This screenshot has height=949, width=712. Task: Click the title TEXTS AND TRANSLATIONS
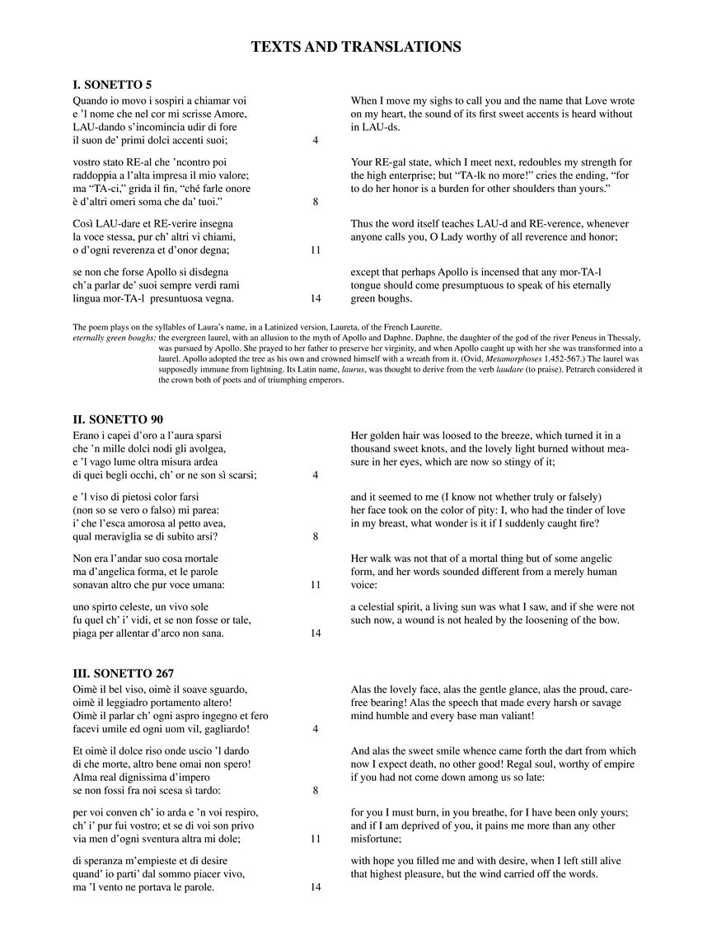click(x=356, y=47)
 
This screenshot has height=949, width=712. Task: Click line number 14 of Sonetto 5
click(x=316, y=298)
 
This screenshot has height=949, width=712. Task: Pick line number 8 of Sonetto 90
click(x=316, y=536)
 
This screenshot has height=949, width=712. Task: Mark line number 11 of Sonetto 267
click(x=316, y=839)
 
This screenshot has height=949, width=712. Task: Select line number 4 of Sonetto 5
click(x=316, y=140)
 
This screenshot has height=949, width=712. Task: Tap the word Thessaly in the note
click(x=620, y=338)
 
